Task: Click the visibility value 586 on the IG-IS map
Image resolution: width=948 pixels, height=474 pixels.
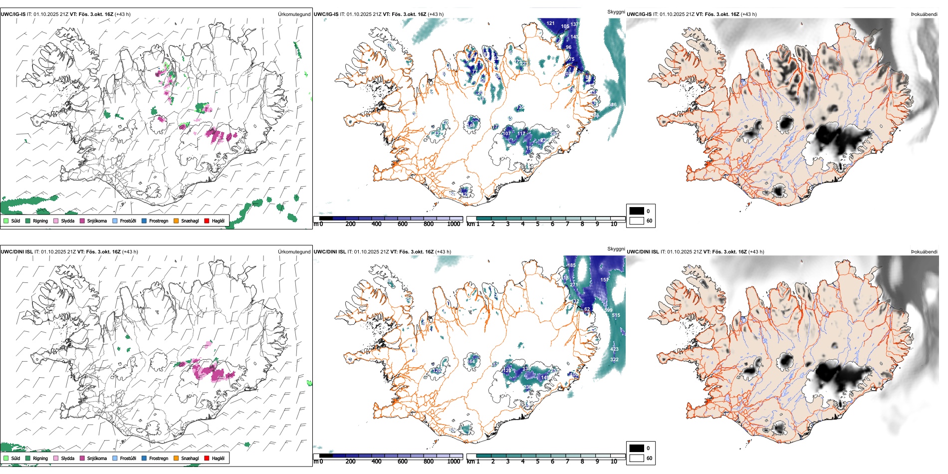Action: point(613,105)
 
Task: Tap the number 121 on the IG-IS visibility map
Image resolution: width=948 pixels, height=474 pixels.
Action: point(550,23)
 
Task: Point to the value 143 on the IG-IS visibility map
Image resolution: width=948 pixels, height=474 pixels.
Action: point(575,37)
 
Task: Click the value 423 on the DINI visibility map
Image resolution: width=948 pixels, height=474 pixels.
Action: point(614,349)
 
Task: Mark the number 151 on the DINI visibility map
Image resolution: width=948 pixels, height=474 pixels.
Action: point(605,280)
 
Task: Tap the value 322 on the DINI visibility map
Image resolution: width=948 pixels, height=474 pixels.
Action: point(614,359)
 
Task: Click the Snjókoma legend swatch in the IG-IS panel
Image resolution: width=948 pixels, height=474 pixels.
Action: point(82,221)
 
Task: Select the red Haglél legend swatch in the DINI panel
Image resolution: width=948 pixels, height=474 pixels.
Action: point(207,458)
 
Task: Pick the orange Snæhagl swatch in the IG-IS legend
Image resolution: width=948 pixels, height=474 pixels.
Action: point(176,221)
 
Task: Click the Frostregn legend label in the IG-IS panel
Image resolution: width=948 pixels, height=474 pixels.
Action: point(158,221)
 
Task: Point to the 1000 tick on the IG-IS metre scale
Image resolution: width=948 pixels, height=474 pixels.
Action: point(454,224)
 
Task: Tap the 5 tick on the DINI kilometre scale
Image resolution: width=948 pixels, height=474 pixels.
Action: point(537,462)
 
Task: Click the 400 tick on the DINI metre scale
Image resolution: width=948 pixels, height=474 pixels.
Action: point(376,462)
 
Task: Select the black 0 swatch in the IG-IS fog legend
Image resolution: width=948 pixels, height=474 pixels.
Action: point(637,211)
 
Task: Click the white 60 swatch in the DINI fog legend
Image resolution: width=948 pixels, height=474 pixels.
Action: point(637,458)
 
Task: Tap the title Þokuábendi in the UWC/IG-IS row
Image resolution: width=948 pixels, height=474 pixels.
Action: point(924,14)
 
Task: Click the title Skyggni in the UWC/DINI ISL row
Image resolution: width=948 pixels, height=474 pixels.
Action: point(616,249)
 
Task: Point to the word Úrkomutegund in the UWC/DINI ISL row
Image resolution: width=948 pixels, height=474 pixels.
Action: point(294,252)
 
